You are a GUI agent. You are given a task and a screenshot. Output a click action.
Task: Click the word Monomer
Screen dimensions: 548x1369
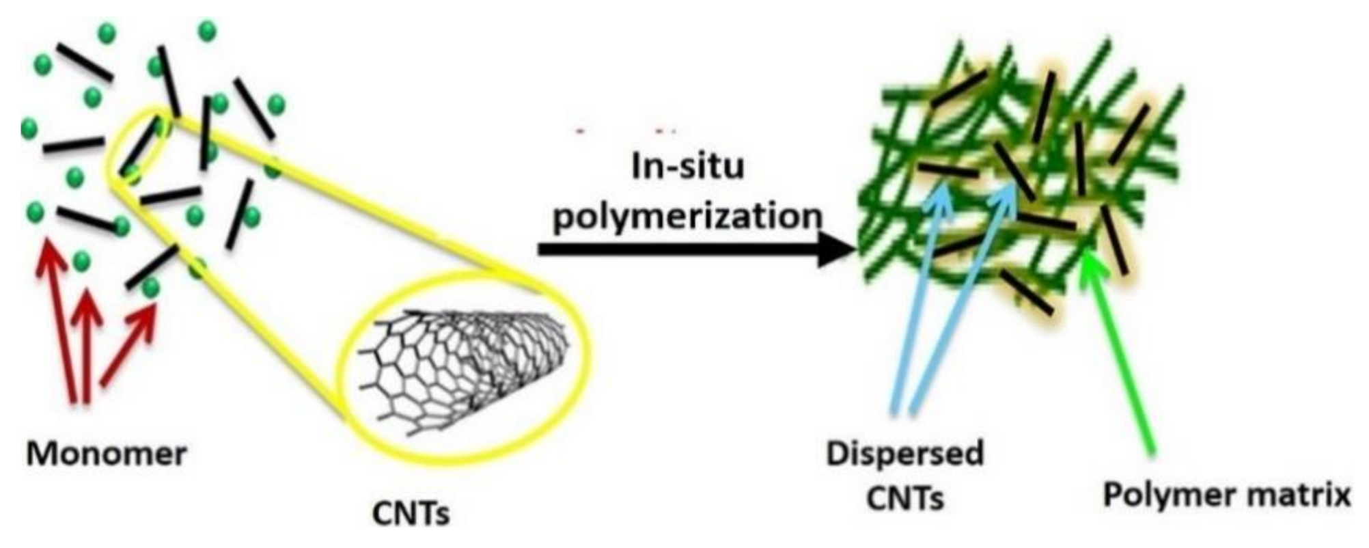[107, 454]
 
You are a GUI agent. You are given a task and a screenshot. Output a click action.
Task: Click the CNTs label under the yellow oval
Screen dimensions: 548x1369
[411, 513]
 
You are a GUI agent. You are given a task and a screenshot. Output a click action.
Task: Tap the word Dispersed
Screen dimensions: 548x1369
[904, 454]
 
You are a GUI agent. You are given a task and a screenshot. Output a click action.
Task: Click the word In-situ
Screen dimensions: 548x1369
[687, 167]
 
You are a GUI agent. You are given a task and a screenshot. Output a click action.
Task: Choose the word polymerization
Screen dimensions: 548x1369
[687, 217]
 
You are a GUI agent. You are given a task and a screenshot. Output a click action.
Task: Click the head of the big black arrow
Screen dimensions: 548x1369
[838, 249]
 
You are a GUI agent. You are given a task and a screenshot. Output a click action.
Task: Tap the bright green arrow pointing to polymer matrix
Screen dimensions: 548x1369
[1120, 355]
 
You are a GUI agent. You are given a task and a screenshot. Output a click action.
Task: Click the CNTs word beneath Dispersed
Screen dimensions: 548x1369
[904, 497]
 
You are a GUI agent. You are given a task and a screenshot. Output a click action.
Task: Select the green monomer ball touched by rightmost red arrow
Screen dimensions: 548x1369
[150, 288]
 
